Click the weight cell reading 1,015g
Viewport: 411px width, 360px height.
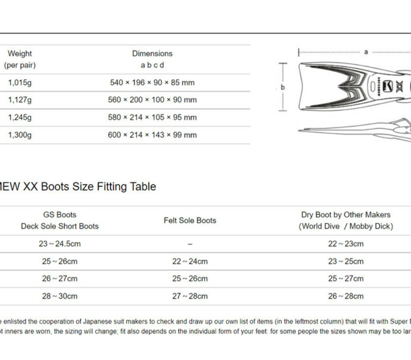tap(20, 82)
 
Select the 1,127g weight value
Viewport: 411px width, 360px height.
tap(20, 100)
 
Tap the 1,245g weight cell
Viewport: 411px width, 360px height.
tap(20, 117)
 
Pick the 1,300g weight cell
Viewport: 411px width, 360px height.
tap(20, 135)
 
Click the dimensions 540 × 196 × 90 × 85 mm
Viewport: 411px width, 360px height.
tap(152, 82)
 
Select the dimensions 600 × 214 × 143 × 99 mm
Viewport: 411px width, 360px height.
tap(152, 135)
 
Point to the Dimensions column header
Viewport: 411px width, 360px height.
tap(152, 54)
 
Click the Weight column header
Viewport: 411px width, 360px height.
tap(20, 54)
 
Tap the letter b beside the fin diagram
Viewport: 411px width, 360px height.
tap(283, 87)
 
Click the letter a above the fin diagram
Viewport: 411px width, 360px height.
tap(366, 52)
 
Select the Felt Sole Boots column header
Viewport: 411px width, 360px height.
tap(190, 220)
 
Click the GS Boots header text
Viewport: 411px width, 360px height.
tap(60, 215)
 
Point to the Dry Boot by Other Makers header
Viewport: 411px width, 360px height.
tap(346, 215)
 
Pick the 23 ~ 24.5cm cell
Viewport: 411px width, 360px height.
tap(60, 244)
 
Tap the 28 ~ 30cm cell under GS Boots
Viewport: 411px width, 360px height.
tap(60, 296)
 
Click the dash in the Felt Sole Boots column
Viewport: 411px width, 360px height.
tap(190, 244)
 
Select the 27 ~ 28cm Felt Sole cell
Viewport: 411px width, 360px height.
tap(190, 296)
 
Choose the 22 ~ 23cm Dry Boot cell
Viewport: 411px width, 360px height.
tap(346, 244)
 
